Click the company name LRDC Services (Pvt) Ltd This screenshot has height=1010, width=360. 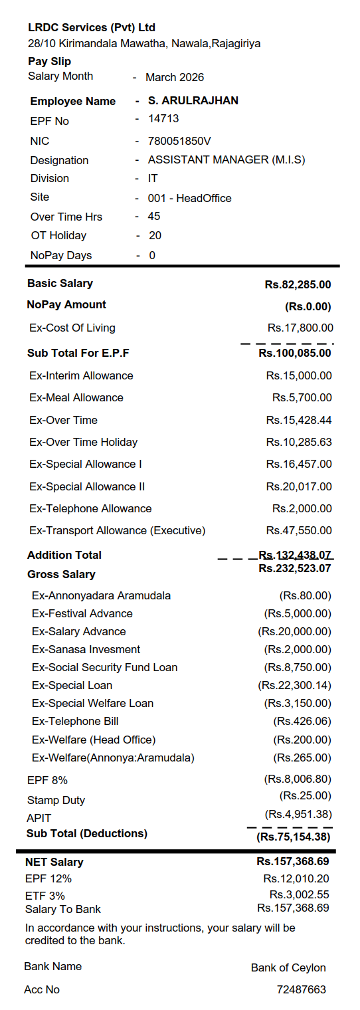92,28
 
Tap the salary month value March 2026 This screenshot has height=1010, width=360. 175,77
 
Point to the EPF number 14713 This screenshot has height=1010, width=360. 163,119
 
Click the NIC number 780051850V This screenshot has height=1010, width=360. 179,141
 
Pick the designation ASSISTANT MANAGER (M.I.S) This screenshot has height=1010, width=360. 226,160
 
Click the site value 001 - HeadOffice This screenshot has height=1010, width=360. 190,198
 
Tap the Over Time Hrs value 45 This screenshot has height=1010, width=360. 154,217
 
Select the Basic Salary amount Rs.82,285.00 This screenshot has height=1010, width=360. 298,285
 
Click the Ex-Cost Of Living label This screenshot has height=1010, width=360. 72,328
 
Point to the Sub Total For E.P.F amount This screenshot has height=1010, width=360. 294,353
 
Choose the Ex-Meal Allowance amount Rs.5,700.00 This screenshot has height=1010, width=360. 302,398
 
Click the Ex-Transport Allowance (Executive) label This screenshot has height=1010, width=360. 118,531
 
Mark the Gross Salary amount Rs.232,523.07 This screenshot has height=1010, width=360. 294,569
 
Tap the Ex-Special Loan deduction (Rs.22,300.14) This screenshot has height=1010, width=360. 294,685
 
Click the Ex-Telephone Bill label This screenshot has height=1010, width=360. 75,721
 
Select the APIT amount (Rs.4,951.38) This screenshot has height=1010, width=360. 298,814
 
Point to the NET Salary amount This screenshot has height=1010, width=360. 293,862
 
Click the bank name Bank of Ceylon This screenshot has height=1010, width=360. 288,967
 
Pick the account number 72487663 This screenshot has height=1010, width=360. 302,989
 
